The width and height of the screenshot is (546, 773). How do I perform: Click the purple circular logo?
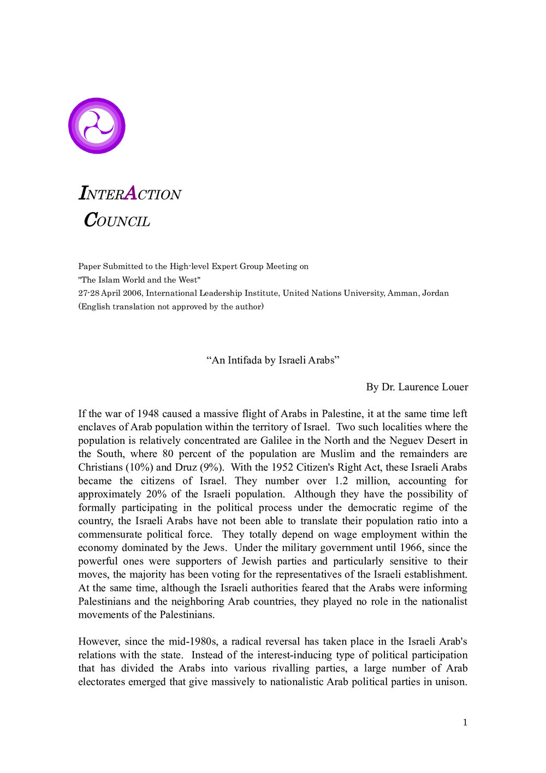pyautogui.click(x=97, y=126)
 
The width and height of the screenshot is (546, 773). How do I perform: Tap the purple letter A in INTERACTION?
pyautogui.click(x=130, y=194)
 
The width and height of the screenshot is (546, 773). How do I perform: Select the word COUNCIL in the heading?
pyautogui.click(x=117, y=220)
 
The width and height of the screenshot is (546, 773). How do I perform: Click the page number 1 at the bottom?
pyautogui.click(x=465, y=723)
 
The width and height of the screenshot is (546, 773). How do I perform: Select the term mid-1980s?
pyautogui.click(x=194, y=642)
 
